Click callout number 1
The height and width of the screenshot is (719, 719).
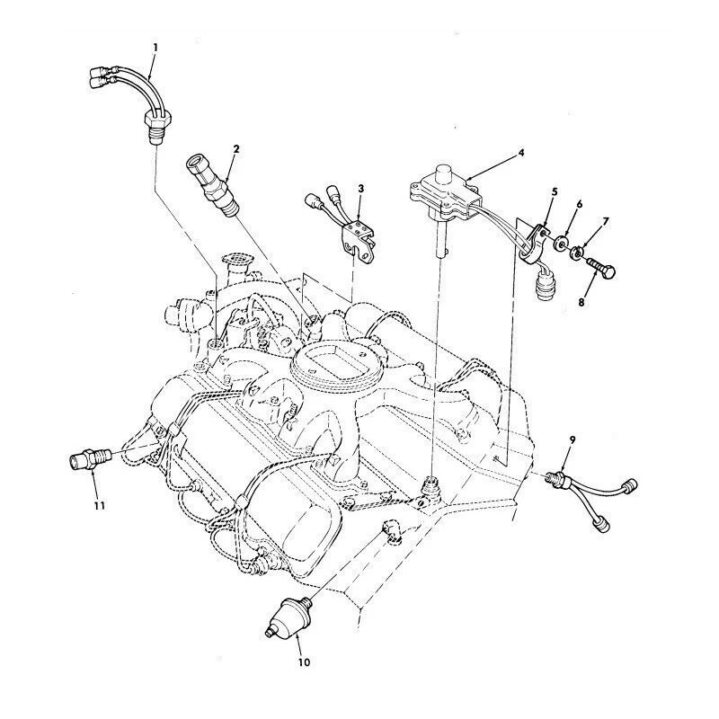155,48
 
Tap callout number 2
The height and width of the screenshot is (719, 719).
236,149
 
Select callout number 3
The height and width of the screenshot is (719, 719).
361,188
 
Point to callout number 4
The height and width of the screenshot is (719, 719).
521,153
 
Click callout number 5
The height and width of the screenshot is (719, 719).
555,191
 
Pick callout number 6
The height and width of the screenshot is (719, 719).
579,204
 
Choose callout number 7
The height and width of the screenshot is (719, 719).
605,222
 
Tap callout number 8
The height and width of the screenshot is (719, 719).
581,303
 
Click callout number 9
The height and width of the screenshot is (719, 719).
572,439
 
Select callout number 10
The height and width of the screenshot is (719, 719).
304,662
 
